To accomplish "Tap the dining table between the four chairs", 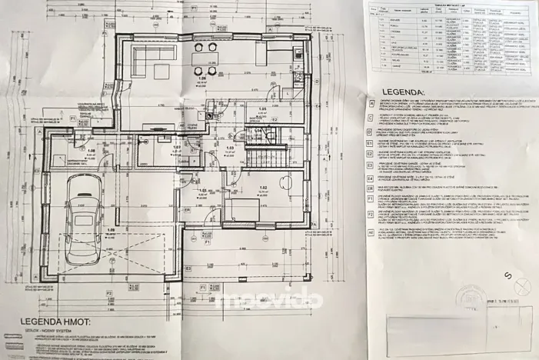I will pos(204,59).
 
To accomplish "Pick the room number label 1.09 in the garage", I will pos(91,151).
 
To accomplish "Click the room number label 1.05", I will pos(261,109).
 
